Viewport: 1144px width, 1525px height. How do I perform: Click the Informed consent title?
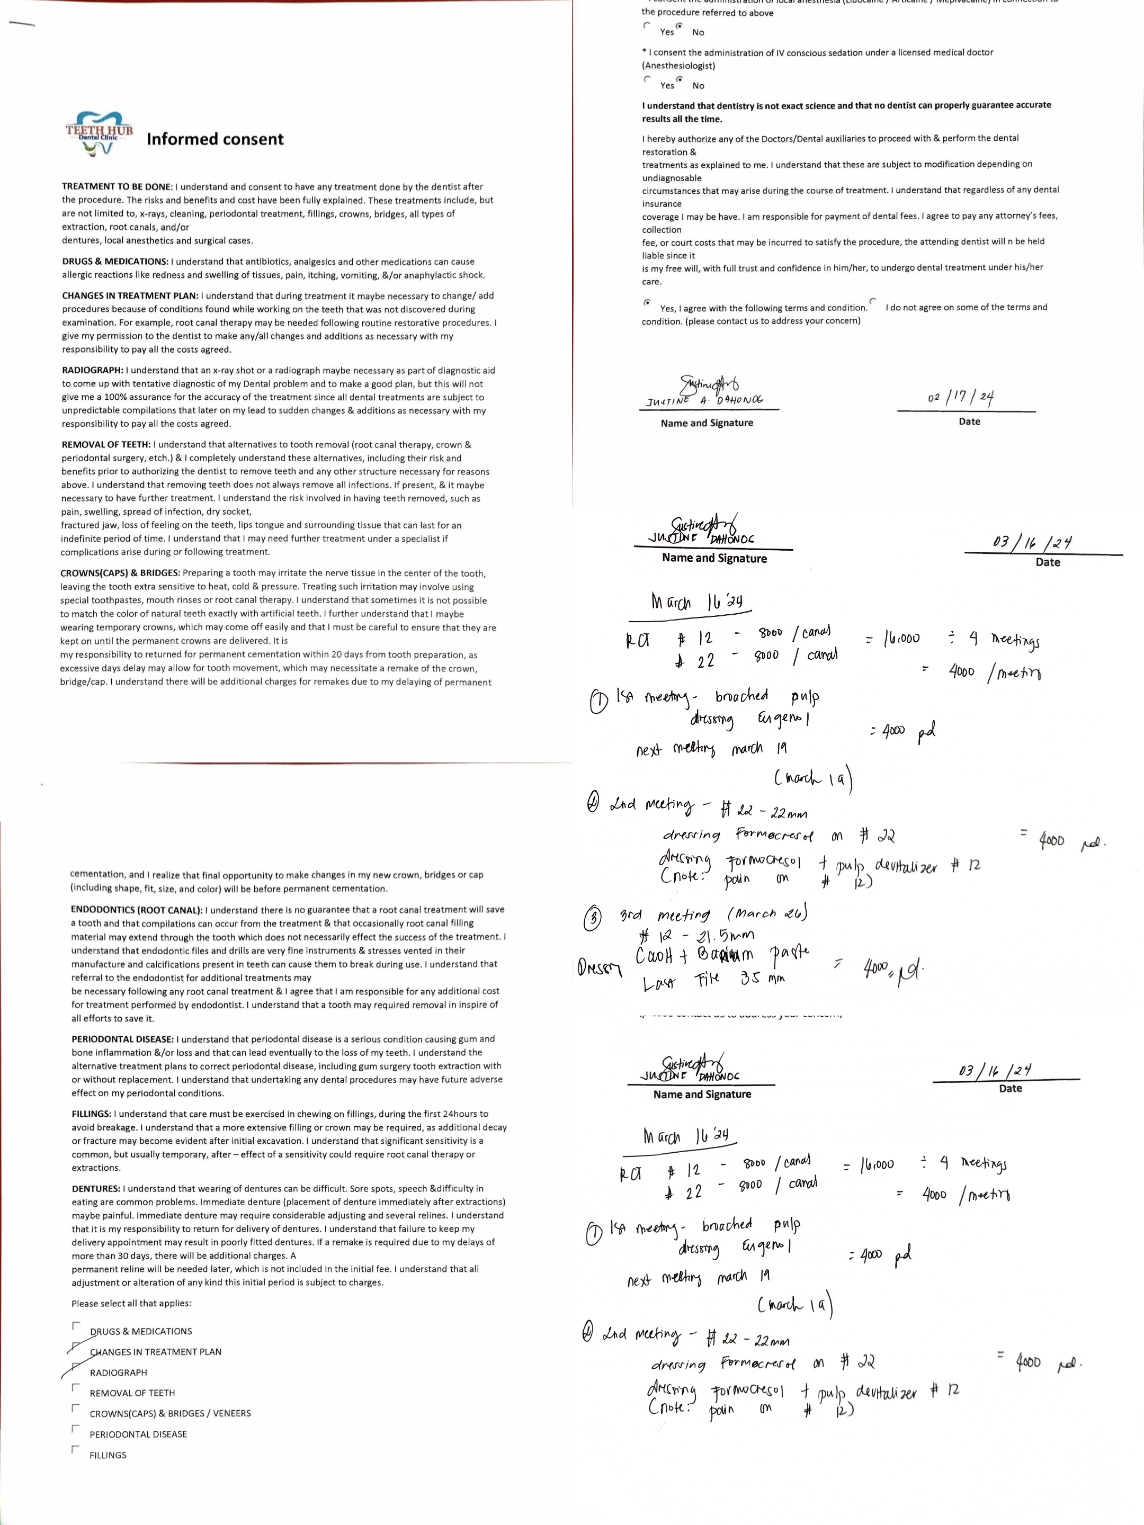click(215, 139)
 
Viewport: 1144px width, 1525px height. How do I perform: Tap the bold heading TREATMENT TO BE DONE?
click(117, 187)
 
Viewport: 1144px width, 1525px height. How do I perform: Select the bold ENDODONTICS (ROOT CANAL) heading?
click(137, 909)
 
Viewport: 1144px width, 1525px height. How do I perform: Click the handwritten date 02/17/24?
click(960, 397)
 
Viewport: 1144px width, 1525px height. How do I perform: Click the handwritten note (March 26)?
click(766, 913)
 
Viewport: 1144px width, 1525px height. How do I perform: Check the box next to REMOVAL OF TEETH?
click(76, 1388)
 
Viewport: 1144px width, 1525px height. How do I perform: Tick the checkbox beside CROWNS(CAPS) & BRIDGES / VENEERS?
click(76, 1408)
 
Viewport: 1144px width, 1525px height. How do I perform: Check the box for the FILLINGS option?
click(76, 1450)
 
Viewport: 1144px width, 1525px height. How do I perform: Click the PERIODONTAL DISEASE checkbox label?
click(138, 1434)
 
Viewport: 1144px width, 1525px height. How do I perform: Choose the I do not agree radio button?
click(873, 301)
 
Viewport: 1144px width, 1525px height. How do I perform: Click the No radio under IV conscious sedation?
click(679, 80)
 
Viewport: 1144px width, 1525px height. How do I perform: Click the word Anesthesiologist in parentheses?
click(678, 66)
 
